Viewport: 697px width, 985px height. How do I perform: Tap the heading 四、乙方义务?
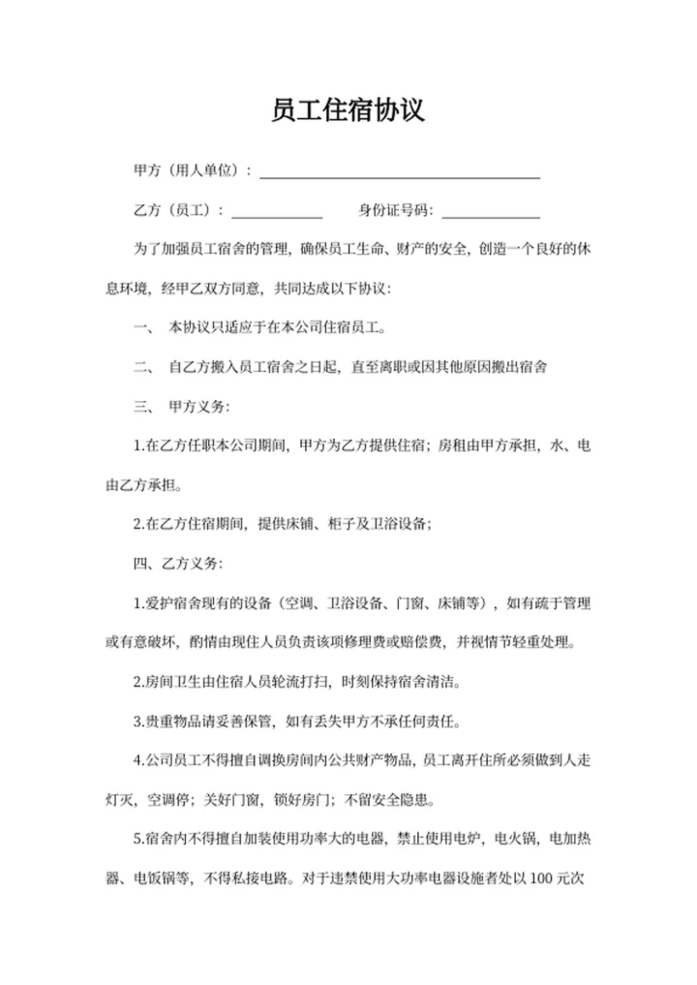(182, 563)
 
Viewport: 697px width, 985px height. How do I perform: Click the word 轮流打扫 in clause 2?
(297, 681)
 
